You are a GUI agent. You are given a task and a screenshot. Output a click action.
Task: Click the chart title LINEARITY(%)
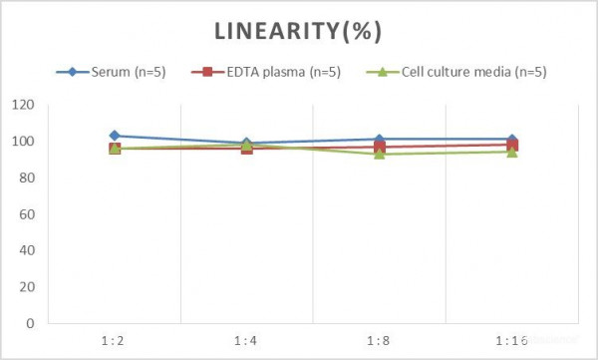click(x=299, y=32)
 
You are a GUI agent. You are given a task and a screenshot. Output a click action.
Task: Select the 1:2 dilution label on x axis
click(x=115, y=341)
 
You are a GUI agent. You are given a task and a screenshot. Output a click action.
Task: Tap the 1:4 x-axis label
click(x=246, y=341)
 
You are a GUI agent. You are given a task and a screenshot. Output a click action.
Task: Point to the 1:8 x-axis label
click(x=379, y=341)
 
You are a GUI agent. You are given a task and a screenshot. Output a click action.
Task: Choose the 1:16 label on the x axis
click(x=511, y=341)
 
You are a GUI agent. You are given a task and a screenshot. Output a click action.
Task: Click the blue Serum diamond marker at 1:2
click(x=115, y=136)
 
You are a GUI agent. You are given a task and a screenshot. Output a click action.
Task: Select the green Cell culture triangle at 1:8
click(x=380, y=154)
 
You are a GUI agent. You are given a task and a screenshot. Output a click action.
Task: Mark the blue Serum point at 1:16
click(x=512, y=140)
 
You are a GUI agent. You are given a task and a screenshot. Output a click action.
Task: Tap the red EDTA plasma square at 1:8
click(x=380, y=147)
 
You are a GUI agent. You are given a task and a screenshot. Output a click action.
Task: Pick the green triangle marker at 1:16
click(x=512, y=152)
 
